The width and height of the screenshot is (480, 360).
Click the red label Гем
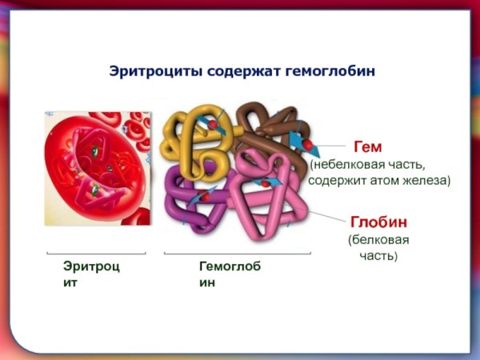point(367,147)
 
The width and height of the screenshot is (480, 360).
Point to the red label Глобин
point(378,221)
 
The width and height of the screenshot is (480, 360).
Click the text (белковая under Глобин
point(378,239)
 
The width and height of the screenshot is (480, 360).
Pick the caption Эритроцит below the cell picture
point(91,274)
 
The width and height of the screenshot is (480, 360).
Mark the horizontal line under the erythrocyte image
point(96,254)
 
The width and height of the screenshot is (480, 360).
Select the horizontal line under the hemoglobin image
point(237,254)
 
